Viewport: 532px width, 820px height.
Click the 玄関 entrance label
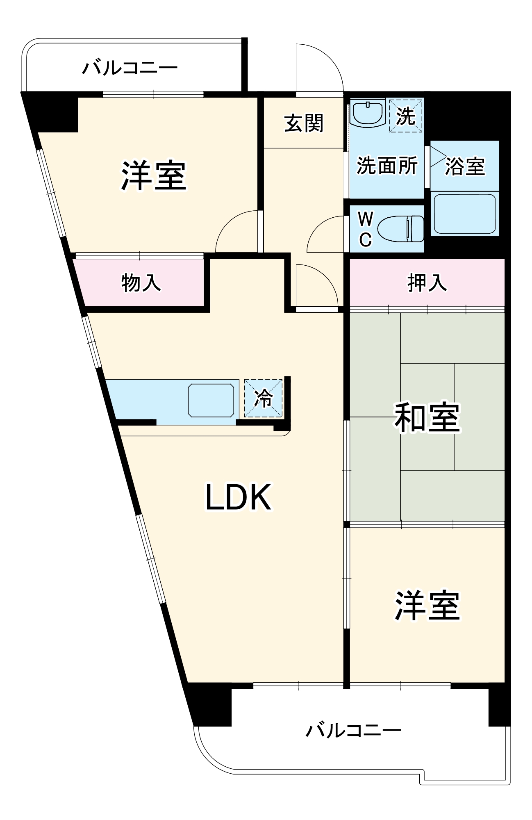click(x=304, y=123)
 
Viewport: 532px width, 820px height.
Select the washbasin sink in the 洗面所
click(x=368, y=113)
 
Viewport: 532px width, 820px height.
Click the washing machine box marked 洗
click(x=405, y=116)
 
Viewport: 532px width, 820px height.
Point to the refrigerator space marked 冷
click(x=264, y=398)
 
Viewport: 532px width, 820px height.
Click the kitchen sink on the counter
click(x=211, y=400)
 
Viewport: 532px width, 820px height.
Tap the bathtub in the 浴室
click(x=464, y=214)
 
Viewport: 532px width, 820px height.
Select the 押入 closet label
click(x=427, y=282)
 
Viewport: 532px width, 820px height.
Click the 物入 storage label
click(x=141, y=282)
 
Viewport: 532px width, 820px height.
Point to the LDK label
click(x=238, y=497)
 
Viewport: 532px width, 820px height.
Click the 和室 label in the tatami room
click(x=427, y=418)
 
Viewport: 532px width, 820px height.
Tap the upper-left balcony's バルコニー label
click(x=130, y=68)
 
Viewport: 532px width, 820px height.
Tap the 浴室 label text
click(x=465, y=166)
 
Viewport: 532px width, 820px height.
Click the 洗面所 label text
click(x=387, y=166)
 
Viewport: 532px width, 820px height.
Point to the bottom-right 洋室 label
click(x=427, y=606)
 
